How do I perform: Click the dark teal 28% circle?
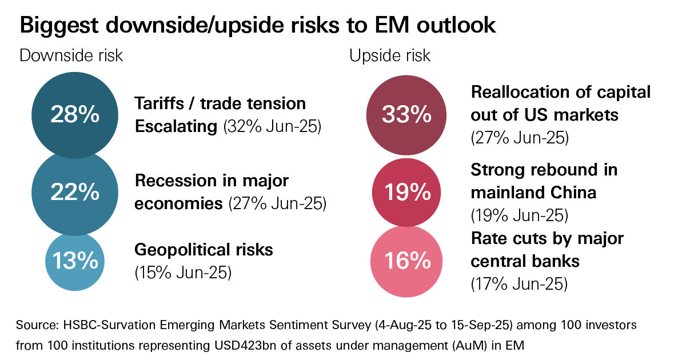tap(75, 115)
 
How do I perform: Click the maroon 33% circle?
tap(406, 115)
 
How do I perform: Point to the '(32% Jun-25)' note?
tap(273, 126)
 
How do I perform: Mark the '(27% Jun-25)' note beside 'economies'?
tap(277, 203)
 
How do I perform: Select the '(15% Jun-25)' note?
tap(183, 273)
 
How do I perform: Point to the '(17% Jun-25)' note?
tap(519, 283)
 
